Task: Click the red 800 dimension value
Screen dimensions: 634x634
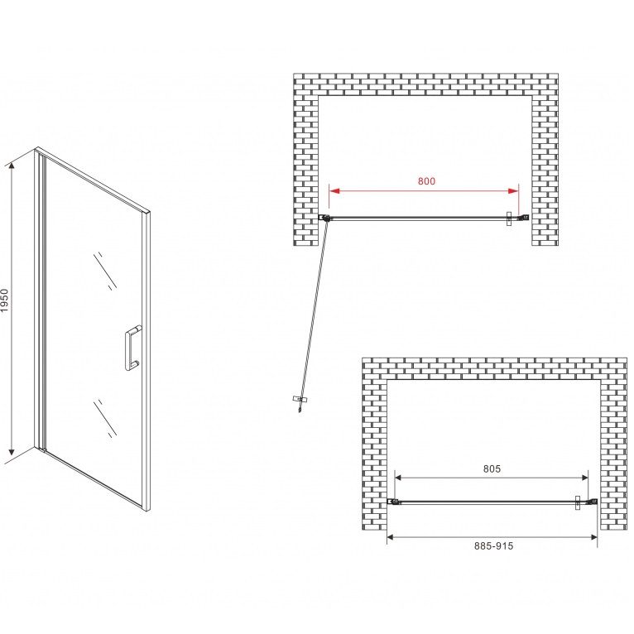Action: pos(426,181)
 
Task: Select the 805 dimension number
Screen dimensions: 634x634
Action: pos(492,468)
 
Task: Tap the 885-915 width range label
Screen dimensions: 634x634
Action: pos(493,546)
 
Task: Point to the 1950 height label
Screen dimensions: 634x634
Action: pos(4,300)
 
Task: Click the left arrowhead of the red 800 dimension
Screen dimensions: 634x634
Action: pos(334,191)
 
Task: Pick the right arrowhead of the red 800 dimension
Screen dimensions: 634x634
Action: pos(513,191)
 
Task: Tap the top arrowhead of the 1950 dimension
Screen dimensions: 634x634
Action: pos(12,166)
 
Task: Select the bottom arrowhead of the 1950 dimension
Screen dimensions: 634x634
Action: pos(12,451)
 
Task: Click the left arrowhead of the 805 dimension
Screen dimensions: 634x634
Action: pos(397,478)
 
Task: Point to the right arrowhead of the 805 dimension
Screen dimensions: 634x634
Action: pos(585,478)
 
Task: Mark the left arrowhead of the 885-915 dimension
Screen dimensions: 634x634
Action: pos(390,537)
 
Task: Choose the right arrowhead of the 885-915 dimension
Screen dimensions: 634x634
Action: pos(594,537)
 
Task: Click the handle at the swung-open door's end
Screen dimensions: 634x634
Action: pos(300,400)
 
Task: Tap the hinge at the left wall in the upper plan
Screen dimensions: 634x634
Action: pos(324,218)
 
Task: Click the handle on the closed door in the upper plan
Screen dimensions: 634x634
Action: pos(509,219)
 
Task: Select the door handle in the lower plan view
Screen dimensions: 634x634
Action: pos(578,502)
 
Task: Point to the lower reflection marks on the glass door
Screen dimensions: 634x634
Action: pos(105,419)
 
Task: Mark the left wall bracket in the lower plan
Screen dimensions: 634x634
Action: pos(391,502)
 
